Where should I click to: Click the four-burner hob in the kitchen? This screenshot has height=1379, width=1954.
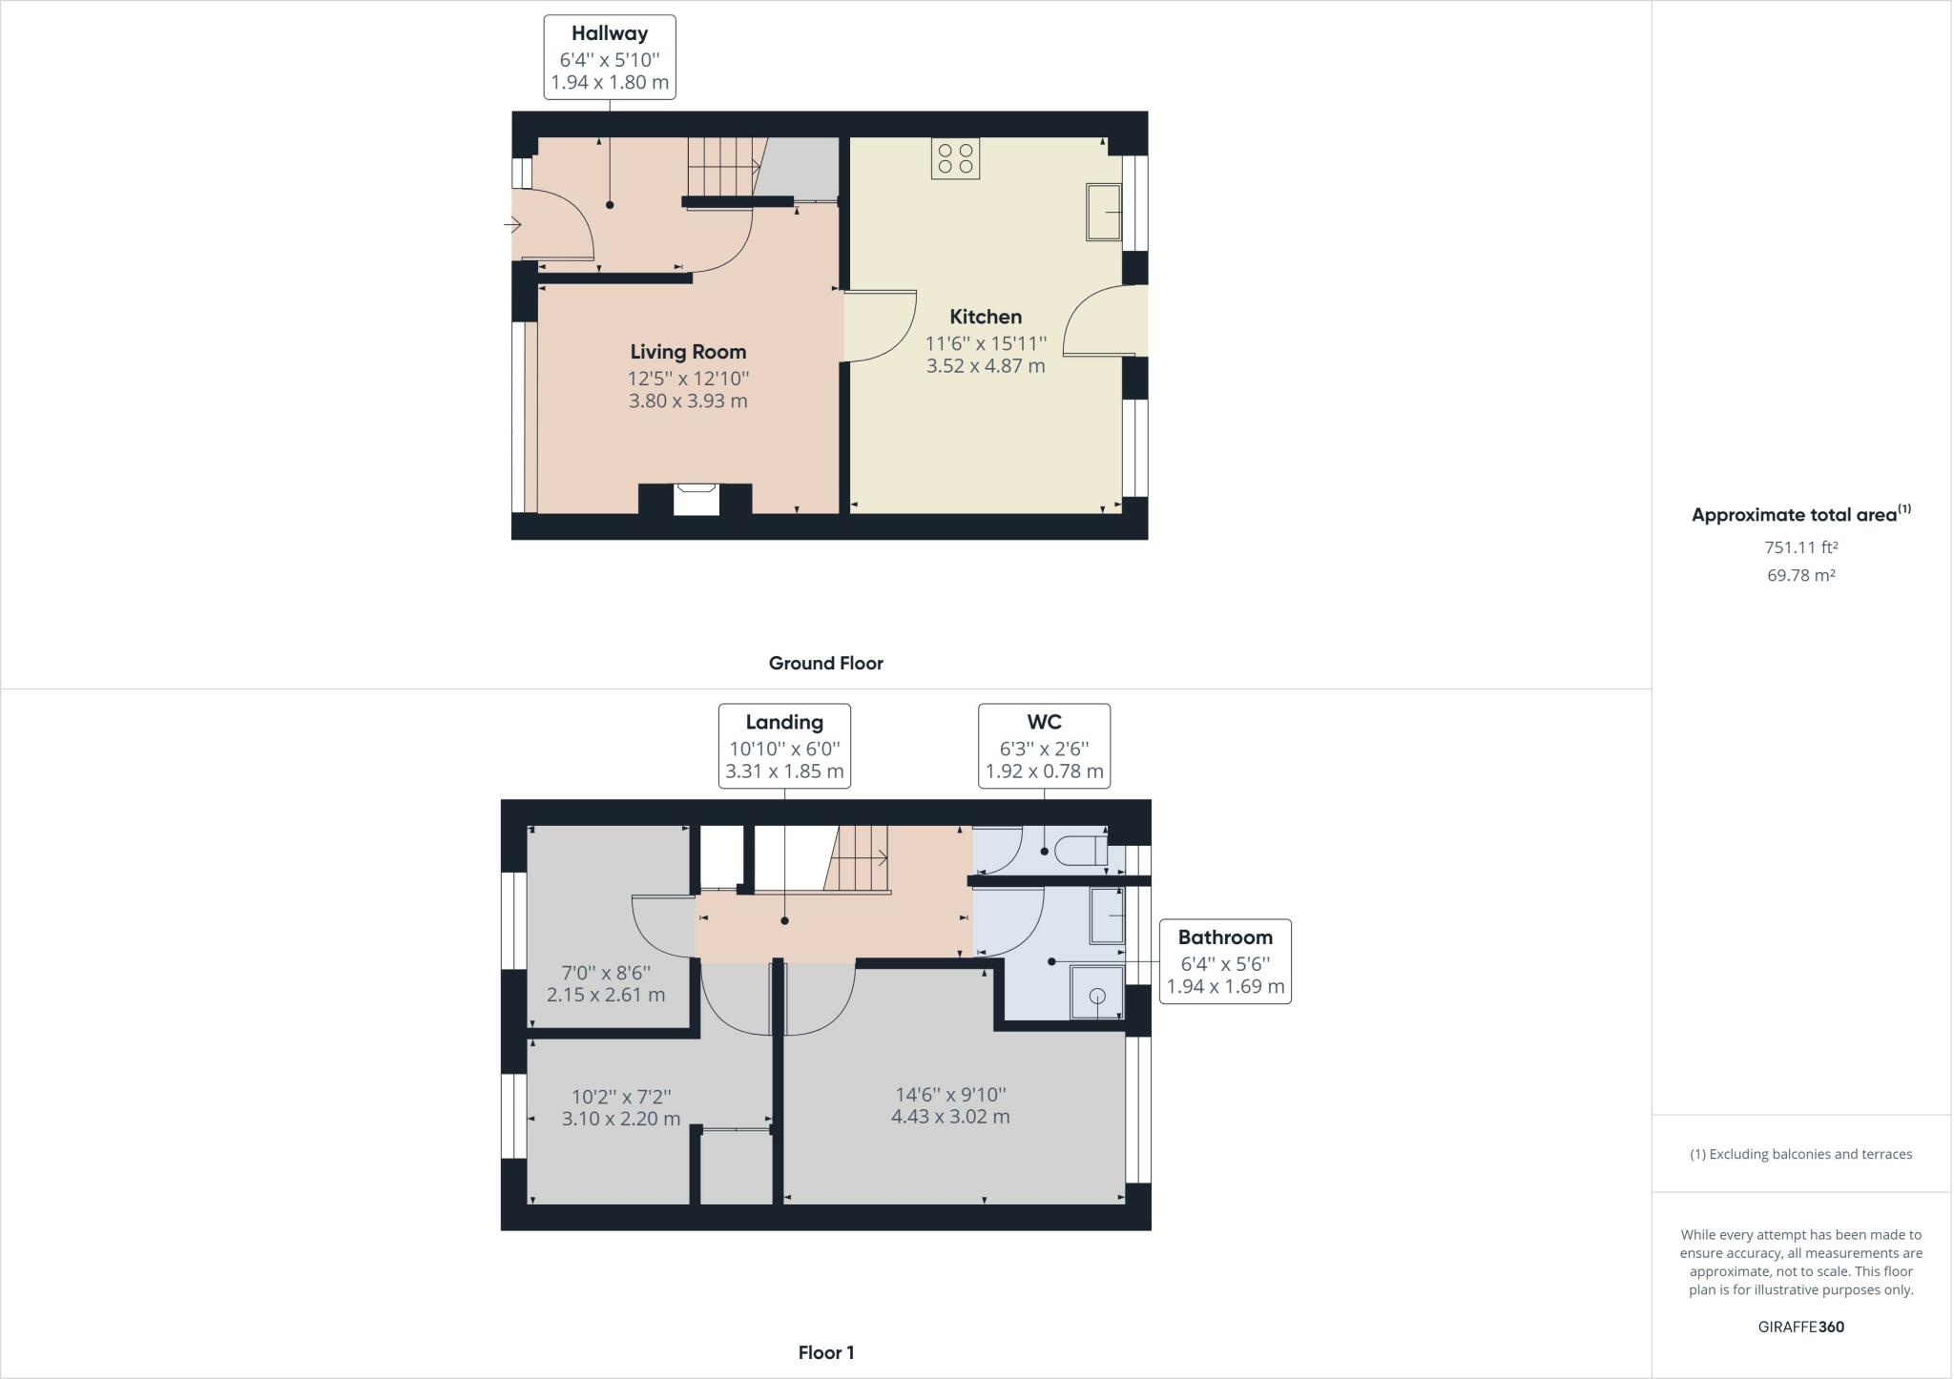coord(956,158)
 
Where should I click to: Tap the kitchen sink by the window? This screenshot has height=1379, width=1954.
coord(1104,212)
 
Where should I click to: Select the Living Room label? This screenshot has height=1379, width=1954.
coord(688,352)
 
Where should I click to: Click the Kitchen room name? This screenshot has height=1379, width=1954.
coord(986,317)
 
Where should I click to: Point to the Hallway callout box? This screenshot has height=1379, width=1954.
coord(610,57)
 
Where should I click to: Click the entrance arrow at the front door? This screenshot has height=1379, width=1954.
coord(512,226)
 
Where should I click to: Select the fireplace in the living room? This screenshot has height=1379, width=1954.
coord(696,499)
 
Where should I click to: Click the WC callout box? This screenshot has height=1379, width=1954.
coord(1045,746)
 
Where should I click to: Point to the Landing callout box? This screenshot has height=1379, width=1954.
coord(784,746)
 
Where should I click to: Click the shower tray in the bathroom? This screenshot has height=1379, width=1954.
coord(1097,993)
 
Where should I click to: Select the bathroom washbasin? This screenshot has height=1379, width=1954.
coord(1107,916)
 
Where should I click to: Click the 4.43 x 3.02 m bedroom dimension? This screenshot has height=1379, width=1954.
coord(950,1117)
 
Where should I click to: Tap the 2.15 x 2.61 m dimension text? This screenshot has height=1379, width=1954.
coord(606,995)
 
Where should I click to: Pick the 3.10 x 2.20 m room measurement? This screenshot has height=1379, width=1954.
coord(621,1119)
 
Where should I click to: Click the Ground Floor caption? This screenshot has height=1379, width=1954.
coord(826,664)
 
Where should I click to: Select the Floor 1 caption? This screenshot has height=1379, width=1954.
coord(826,1352)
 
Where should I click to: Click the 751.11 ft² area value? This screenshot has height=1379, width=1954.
coord(1801,547)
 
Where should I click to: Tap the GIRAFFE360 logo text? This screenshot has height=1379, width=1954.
coord(1801,1327)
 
